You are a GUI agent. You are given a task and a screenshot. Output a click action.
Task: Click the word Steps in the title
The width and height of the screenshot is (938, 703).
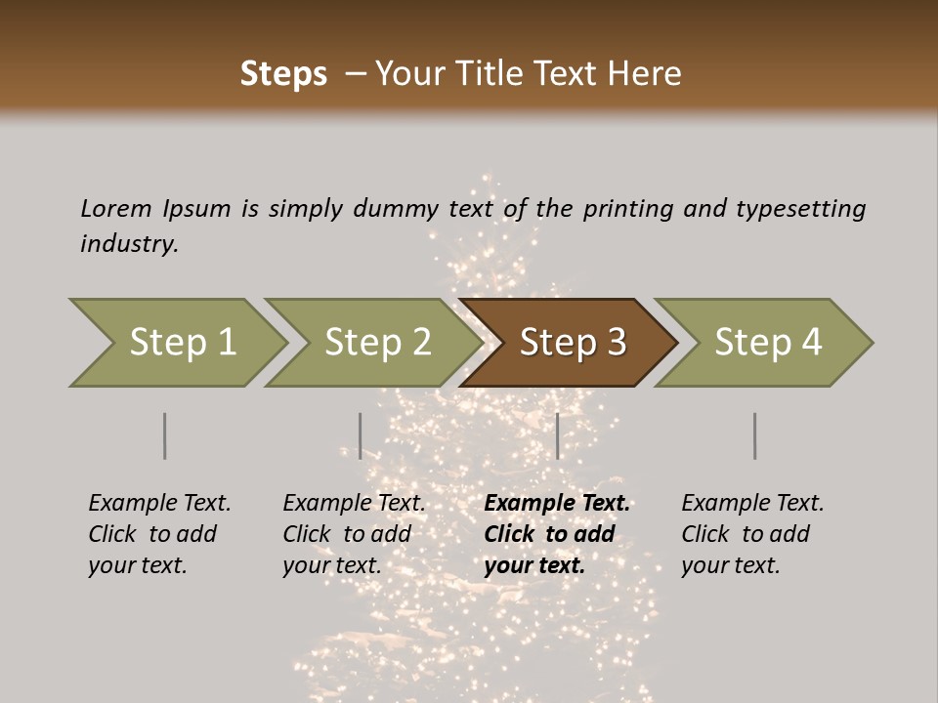283,73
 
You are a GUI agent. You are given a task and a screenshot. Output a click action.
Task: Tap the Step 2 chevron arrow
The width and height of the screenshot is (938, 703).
377,343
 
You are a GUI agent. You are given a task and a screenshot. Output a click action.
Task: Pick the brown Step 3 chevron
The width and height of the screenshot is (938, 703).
572,343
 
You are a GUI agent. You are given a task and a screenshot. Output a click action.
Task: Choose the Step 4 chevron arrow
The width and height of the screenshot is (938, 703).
767,343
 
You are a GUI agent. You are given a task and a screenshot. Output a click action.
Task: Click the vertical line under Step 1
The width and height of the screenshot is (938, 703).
164,435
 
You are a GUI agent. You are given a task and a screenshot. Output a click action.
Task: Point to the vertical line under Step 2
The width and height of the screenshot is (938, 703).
360,435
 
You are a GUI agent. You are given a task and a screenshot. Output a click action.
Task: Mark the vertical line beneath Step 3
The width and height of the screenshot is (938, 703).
557,435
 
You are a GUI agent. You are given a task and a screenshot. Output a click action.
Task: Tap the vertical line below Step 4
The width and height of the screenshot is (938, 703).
754,435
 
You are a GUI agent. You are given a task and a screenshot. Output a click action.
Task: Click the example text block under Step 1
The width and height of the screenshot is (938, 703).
159,534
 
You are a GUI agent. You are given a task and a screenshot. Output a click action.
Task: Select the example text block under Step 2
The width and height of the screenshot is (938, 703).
354,534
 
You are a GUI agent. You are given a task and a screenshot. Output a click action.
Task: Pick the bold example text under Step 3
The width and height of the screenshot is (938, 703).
557,534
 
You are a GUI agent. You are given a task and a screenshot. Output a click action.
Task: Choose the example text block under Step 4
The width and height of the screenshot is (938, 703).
752,534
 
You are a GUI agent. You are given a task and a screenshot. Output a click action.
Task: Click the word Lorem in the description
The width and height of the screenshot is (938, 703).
116,209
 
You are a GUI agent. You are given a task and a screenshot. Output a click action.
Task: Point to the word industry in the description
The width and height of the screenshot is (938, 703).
129,244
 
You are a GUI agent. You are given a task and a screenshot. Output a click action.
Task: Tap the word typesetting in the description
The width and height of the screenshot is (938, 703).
800,209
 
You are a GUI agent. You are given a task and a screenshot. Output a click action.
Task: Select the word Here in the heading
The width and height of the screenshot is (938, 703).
646,73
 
